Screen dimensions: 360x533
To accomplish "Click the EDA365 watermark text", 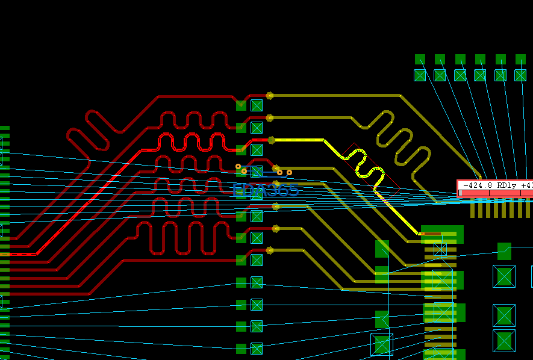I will point(265,190).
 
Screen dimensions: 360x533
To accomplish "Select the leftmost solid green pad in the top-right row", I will point(420,59).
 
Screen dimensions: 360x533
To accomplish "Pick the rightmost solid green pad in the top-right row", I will point(520,59).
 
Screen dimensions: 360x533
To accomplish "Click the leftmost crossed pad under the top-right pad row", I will point(420,75).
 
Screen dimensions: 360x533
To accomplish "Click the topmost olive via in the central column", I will point(270,95).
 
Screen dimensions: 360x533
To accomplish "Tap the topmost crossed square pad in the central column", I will point(257,105).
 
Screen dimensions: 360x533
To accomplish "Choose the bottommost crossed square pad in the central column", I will point(257,349).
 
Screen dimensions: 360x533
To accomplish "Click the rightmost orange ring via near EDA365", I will point(289,173).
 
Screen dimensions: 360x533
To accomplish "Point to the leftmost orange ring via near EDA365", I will point(238,166).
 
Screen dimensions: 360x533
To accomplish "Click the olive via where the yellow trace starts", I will point(272,140).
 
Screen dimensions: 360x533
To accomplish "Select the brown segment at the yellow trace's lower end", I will point(432,234).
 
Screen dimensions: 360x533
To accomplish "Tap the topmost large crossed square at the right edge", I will point(504,276).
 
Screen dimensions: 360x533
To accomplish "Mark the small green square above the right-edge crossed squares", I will point(504,250).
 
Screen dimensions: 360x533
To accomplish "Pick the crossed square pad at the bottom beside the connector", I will point(382,345).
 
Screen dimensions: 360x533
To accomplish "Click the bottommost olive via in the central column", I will point(270,250).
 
